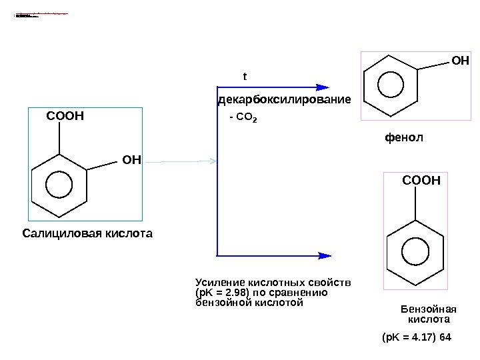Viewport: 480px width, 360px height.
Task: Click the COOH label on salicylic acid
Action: pos(65,117)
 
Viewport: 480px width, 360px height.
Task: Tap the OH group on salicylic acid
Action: pos(132,159)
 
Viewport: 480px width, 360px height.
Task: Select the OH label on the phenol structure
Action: pos(460,61)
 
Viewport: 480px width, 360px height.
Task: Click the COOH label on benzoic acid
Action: pos(421,180)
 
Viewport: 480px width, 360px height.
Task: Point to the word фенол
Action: pos(404,137)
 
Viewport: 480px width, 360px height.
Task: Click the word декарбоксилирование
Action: pos(284,100)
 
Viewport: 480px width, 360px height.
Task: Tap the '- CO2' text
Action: pos(243,118)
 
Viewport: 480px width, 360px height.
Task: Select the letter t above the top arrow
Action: pos(245,77)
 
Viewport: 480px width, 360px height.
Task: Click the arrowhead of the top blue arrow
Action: pos(323,87)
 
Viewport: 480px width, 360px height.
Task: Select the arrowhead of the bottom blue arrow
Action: pos(324,255)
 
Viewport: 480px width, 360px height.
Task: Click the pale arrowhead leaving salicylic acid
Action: pos(213,161)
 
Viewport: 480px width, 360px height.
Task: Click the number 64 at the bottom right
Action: pos(445,338)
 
